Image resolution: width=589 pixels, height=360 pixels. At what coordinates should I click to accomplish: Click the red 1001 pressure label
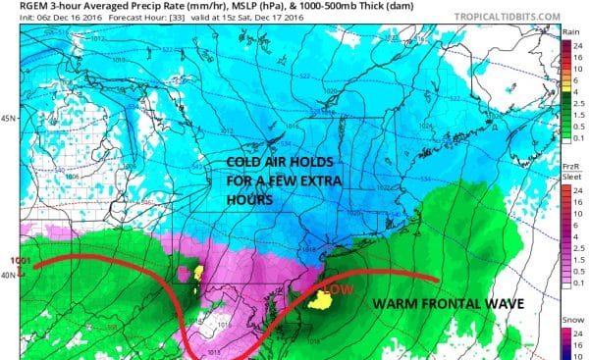(x=14, y=260)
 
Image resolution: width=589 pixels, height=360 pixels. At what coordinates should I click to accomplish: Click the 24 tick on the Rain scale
(x=577, y=44)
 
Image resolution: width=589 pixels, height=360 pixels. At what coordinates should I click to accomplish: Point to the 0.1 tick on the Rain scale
(x=577, y=141)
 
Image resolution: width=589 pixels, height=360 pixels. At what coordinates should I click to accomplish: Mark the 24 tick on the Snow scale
(x=577, y=336)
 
